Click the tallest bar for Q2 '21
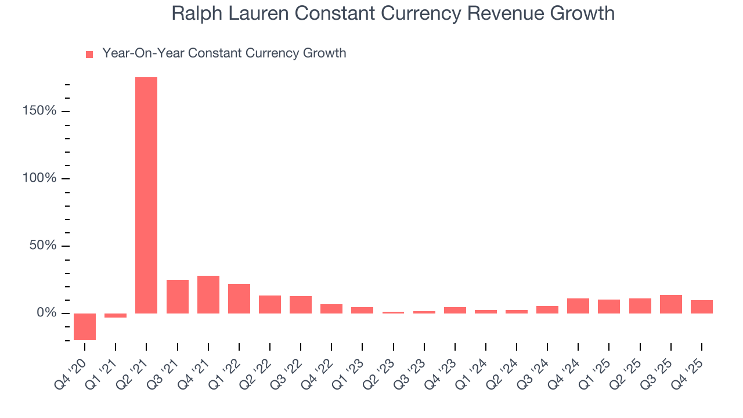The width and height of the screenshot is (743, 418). pyautogui.click(x=146, y=195)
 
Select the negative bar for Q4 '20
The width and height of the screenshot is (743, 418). pyautogui.click(x=85, y=326)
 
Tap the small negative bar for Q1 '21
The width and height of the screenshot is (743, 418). pyautogui.click(x=116, y=315)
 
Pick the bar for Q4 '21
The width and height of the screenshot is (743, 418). pyautogui.click(x=208, y=294)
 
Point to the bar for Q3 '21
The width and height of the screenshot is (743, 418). pyautogui.click(x=177, y=297)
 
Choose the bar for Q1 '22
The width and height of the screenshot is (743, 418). pyautogui.click(x=239, y=298)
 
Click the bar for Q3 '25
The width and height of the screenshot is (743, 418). pyautogui.click(x=670, y=304)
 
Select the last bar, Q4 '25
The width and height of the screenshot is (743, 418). pyautogui.click(x=701, y=307)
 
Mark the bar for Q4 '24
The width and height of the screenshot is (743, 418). pyautogui.click(x=578, y=306)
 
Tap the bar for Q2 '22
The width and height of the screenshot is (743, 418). pyautogui.click(x=270, y=304)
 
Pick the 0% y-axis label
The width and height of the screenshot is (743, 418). pyautogui.click(x=48, y=313)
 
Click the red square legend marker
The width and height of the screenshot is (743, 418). pyautogui.click(x=89, y=55)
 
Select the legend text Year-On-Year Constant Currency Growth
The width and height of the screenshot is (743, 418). pyautogui.click(x=224, y=53)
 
